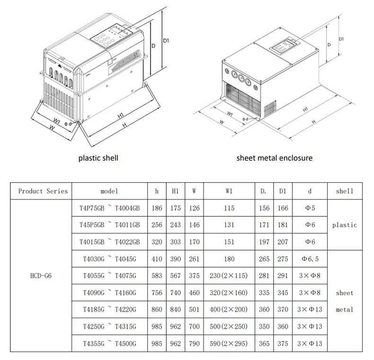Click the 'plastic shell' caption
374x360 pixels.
click(98, 158)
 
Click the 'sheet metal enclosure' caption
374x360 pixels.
click(275, 158)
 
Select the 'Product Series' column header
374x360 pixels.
click(43, 191)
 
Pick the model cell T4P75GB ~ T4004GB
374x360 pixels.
click(109, 208)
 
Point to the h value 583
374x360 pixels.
click(157, 276)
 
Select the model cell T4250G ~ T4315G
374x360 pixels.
click(109, 326)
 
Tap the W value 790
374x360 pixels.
click(194, 343)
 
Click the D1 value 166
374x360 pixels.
click(283, 208)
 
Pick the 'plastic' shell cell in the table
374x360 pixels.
click(344, 225)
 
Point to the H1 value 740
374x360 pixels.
click(175, 293)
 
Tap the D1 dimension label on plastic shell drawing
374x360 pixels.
click(166, 42)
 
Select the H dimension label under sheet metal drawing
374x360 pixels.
click(314, 121)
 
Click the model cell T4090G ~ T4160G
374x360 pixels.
click(109, 293)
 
